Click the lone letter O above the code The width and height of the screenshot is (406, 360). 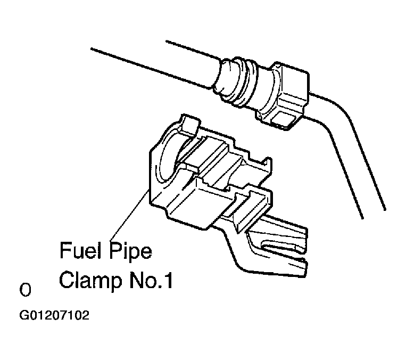(x=24, y=291)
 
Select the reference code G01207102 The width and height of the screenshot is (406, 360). (x=54, y=315)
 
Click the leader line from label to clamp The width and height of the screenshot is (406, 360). (x=128, y=213)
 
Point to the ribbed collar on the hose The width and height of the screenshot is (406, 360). (x=234, y=80)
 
